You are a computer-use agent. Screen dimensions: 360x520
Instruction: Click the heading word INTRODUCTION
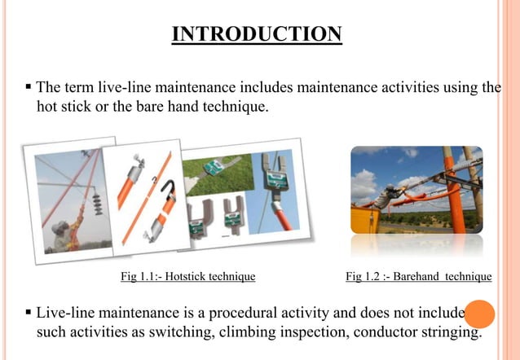257,34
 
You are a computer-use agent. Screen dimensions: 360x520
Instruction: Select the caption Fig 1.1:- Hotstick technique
187,277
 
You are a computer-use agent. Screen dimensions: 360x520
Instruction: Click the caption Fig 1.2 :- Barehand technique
418,277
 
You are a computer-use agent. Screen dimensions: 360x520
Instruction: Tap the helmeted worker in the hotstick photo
64,232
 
